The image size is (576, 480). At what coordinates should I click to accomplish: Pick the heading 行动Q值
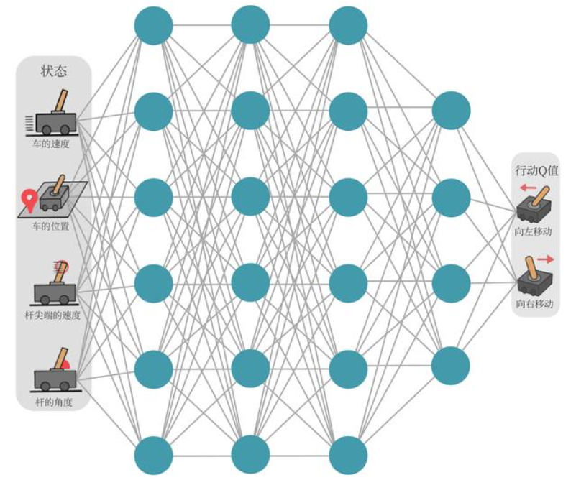pos(536,171)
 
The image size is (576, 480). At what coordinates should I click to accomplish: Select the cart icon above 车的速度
pos(54,115)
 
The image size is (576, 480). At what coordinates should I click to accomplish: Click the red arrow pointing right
pos(544,258)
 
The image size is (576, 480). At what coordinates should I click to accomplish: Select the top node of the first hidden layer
pos(154,25)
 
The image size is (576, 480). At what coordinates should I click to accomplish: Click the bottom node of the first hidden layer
pos(154,455)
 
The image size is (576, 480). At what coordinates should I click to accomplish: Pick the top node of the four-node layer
pos(451,111)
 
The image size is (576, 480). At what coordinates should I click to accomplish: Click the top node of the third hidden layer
pos(348,25)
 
